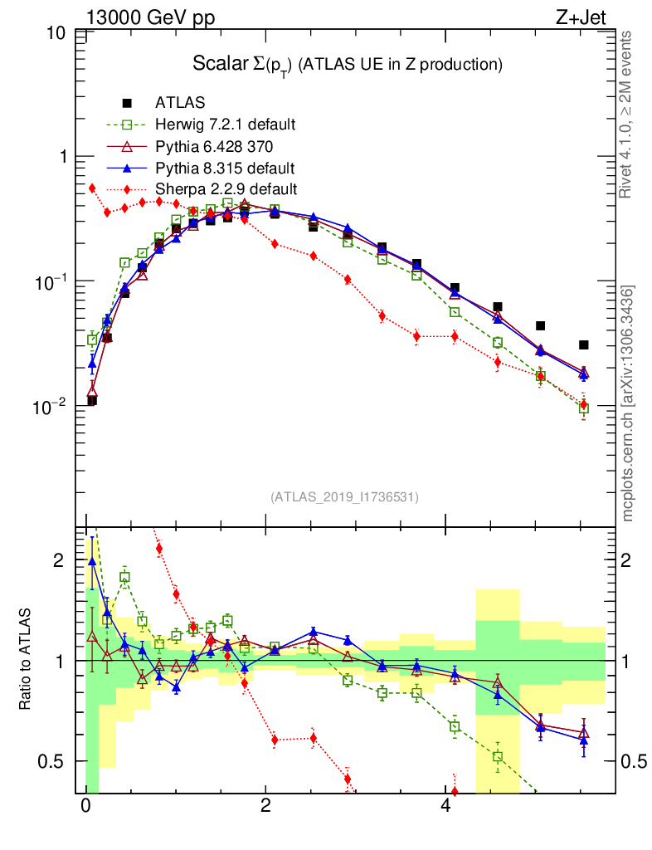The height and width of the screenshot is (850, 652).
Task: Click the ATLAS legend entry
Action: point(180,103)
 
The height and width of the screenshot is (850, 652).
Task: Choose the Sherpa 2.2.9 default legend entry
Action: point(226,189)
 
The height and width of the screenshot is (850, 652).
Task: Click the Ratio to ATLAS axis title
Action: point(27,660)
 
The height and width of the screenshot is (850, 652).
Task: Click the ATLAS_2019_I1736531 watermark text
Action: point(344,497)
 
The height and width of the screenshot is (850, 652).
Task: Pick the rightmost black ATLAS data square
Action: point(584,345)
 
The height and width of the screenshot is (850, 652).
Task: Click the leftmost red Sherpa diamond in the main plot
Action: point(92,188)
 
